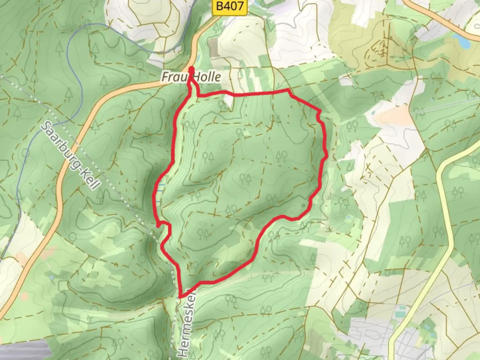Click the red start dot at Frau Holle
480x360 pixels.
tap(192, 69)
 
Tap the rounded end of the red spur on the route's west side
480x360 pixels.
tap(158, 226)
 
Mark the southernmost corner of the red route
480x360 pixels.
tap(180, 296)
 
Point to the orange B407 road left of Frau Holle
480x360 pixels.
tap(110, 97)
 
